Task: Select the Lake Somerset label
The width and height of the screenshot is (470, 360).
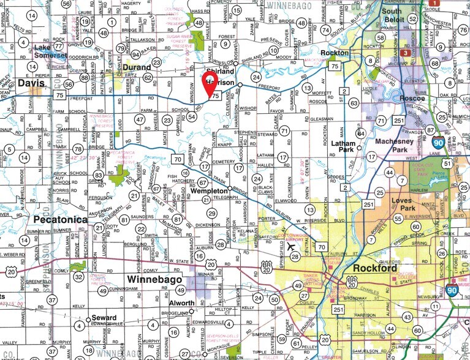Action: (50, 52)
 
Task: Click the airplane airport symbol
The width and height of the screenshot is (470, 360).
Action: (290, 247)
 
